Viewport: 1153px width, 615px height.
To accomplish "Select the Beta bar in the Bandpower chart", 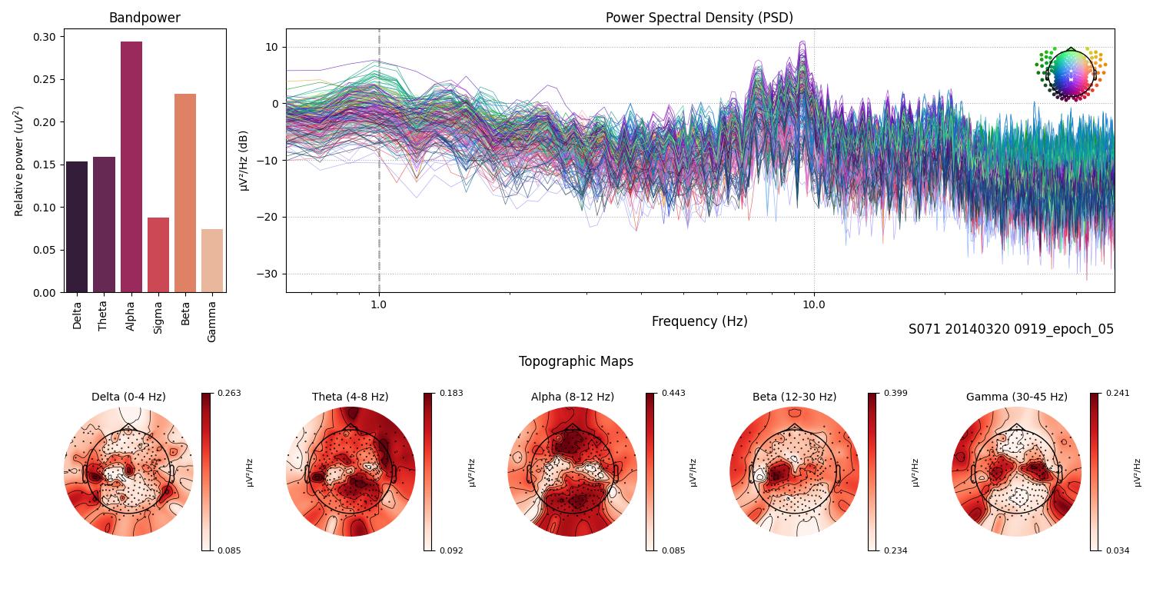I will pyautogui.click(x=185, y=193).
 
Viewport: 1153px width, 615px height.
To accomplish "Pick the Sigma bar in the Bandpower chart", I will pyautogui.click(x=158, y=254).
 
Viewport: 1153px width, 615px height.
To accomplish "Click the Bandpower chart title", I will pyautogui.click(x=145, y=18).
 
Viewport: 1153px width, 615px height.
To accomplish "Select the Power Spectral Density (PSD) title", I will pyautogui.click(x=699, y=18).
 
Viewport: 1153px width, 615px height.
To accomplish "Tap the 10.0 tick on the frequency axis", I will pyautogui.click(x=814, y=304).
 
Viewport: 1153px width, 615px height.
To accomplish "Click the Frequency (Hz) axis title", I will pyautogui.click(x=699, y=321).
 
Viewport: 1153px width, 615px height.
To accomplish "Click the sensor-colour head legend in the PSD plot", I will pyautogui.click(x=1070, y=74).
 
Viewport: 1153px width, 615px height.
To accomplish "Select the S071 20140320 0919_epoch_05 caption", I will pyautogui.click(x=1011, y=329).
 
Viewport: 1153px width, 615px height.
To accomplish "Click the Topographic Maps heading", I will pyautogui.click(x=576, y=361).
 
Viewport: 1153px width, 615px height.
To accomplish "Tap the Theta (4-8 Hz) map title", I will pyautogui.click(x=350, y=397).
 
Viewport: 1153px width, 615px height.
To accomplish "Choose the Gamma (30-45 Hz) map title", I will pyautogui.click(x=1016, y=397).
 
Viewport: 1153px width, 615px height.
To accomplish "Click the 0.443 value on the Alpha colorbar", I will pyautogui.click(x=673, y=393).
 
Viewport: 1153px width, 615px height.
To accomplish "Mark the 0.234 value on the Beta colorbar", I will pyautogui.click(x=895, y=550).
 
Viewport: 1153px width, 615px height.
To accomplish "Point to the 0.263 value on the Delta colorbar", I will pyautogui.click(x=229, y=393).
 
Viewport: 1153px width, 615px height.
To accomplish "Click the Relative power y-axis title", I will pyautogui.click(x=20, y=161).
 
